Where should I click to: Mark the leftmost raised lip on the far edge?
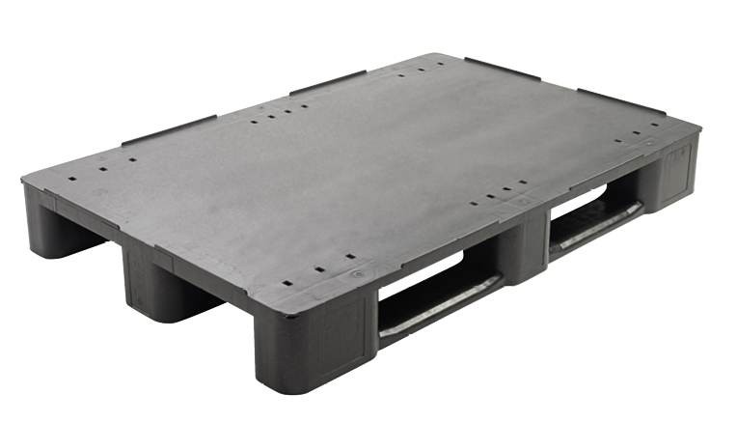pyautogui.click(x=170, y=129)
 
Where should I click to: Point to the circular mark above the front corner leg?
pyautogui.click(x=358, y=275)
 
